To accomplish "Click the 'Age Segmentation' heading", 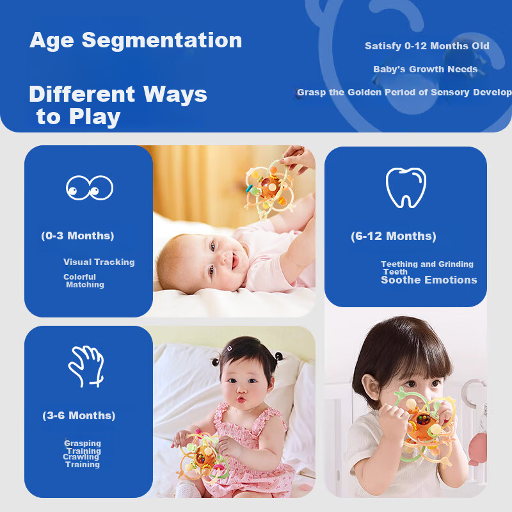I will click(x=136, y=40).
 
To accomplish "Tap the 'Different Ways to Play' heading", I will click(x=118, y=106).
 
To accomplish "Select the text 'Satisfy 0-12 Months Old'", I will click(x=427, y=46).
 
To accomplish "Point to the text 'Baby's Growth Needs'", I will click(x=425, y=69).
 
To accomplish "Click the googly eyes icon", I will click(x=90, y=188).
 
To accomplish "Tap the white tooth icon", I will click(x=406, y=188).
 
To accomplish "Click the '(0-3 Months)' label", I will click(x=77, y=236).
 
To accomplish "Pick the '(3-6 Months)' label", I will click(x=79, y=415).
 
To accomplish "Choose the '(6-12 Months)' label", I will click(x=393, y=236).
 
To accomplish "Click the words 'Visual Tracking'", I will click(x=99, y=262).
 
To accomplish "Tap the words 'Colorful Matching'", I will click(x=83, y=281).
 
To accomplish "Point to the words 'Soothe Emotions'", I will click(x=429, y=280).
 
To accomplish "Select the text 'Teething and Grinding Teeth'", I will click(x=426, y=267).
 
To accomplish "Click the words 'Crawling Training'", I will click(x=81, y=461).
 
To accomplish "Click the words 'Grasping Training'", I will click(x=83, y=447).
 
